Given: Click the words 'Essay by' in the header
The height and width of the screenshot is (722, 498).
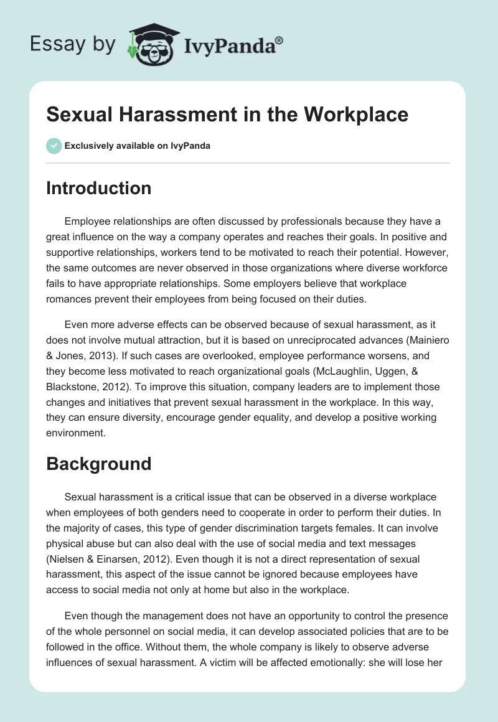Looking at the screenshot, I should click(73, 45).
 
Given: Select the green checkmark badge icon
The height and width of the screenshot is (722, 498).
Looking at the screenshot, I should click(54, 146).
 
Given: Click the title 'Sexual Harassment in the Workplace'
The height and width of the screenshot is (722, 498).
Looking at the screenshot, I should click(227, 115).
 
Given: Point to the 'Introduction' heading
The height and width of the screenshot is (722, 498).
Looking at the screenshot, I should click(98, 188).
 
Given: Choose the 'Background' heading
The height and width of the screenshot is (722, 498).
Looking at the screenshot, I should click(98, 464).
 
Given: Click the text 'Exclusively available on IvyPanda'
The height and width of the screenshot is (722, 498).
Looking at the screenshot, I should click(138, 146).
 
